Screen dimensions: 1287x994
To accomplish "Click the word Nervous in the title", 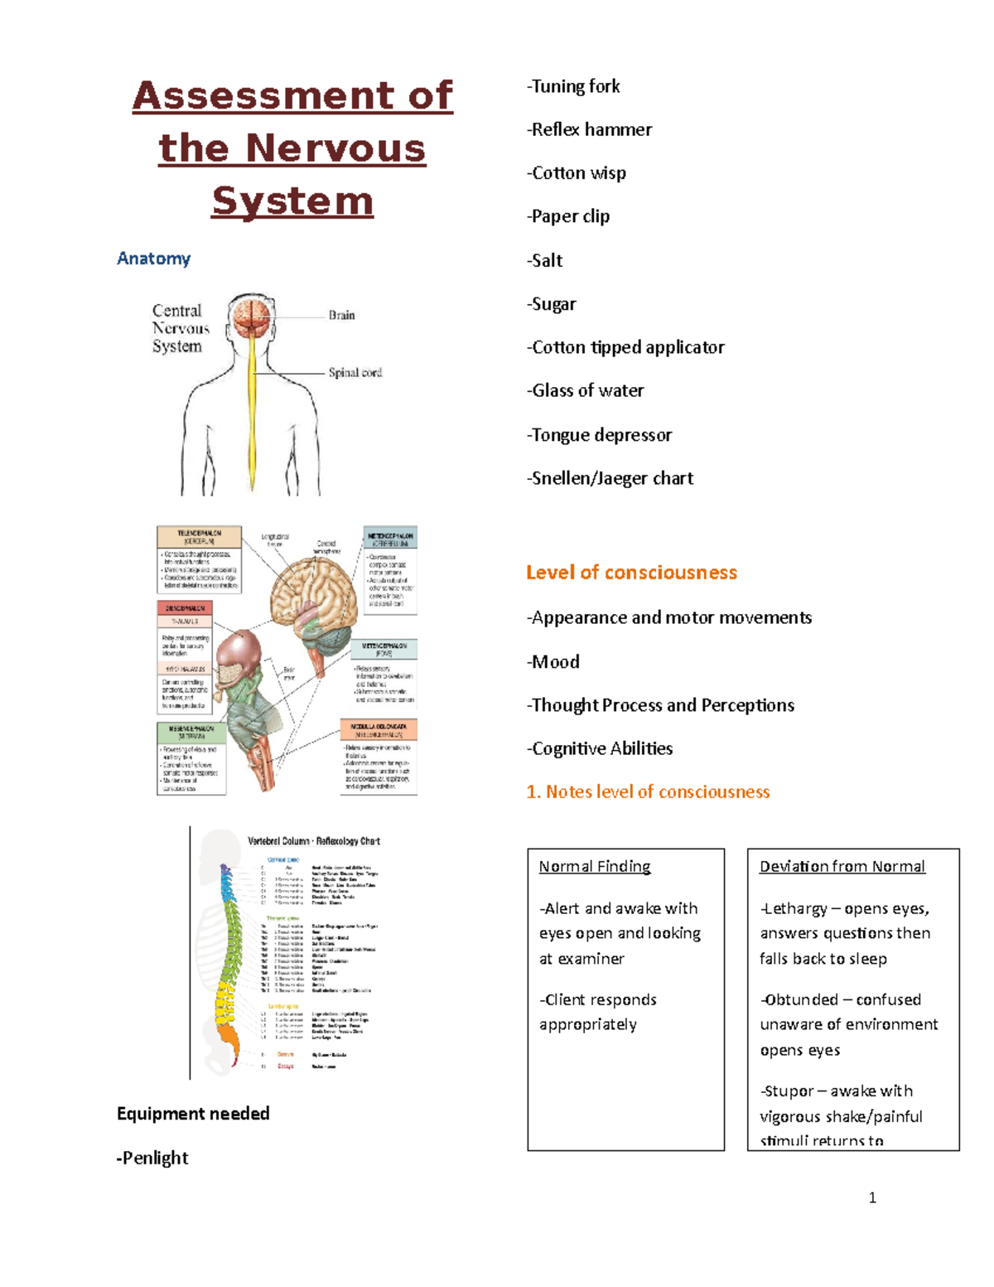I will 335,149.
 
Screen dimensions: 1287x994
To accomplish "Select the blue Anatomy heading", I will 154,259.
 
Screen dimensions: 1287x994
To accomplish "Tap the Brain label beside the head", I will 341,315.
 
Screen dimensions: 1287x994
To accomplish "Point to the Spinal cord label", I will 355,373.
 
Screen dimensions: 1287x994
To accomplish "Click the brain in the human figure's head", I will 252,317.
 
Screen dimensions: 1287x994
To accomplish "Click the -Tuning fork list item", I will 573,86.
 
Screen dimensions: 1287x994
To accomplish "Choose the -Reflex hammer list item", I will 589,129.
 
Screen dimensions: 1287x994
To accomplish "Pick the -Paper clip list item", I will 568,216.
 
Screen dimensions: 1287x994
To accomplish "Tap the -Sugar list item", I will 552,304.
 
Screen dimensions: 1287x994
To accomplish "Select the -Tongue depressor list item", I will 599,435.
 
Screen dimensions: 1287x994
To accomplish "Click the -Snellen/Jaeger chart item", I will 610,478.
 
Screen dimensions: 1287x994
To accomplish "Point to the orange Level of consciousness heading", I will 631,573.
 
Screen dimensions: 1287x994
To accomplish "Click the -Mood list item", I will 553,662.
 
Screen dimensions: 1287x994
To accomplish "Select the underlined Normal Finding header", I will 595,867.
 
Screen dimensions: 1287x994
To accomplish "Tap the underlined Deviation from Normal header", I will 842,867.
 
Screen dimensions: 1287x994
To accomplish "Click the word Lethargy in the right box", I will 795,909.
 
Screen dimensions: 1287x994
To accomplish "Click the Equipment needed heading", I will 193,1114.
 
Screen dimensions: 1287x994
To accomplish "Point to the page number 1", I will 872,1197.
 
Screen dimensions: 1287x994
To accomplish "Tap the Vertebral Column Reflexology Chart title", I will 314,841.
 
